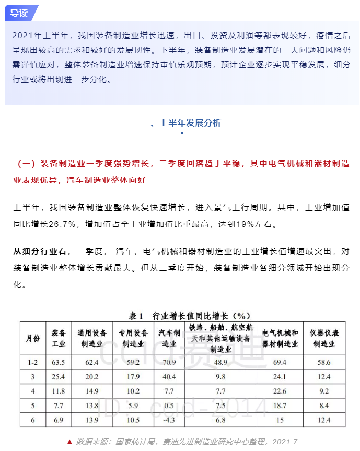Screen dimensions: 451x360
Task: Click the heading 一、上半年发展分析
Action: click(x=181, y=123)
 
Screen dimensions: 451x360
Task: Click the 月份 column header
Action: click(x=33, y=338)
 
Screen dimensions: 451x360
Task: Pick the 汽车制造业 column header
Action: click(x=169, y=338)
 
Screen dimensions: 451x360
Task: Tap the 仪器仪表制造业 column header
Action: click(x=327, y=338)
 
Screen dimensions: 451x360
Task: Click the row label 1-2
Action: click(x=33, y=362)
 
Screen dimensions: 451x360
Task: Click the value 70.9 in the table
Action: click(x=169, y=362)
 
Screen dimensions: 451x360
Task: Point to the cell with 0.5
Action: click(x=169, y=406)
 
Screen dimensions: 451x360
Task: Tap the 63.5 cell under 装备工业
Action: click(x=59, y=362)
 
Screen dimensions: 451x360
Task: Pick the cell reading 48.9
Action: click(x=220, y=362)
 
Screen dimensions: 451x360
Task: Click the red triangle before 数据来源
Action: click(x=69, y=442)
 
